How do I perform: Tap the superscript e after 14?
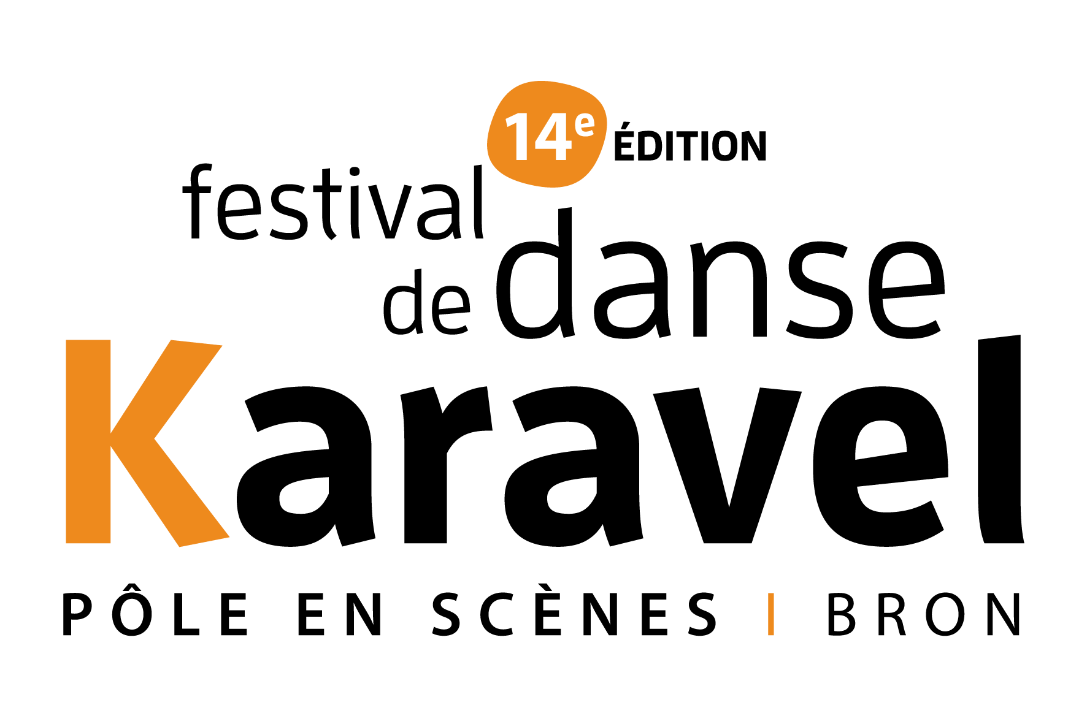coord(585,124)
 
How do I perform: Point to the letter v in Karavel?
coord(728,466)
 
